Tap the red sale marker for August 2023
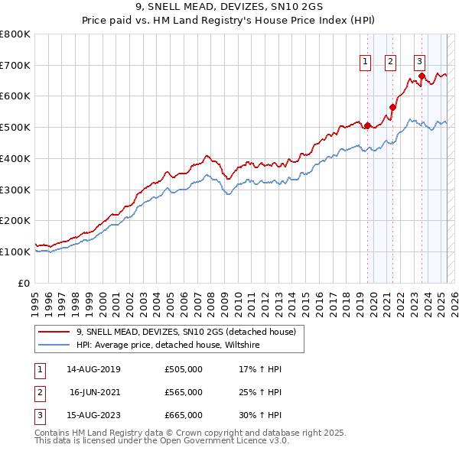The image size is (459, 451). pos(422,76)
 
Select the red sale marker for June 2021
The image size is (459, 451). pos(392,107)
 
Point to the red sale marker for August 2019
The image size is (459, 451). pos(367,125)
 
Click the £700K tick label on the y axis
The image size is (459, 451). pos(15,65)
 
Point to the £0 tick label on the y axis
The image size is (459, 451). pos(24,283)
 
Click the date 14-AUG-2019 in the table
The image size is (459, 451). pos(93,369)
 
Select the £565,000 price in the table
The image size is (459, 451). pos(184,392)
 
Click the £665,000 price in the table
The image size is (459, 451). pos(184,415)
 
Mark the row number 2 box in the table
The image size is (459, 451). pos(39,392)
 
